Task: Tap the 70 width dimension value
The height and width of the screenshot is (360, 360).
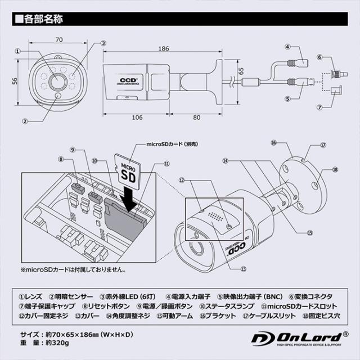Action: [58, 40]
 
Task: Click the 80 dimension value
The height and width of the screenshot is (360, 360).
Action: [196, 118]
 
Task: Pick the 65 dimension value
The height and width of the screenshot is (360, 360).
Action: [241, 71]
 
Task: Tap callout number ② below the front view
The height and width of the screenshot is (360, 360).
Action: [25, 119]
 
